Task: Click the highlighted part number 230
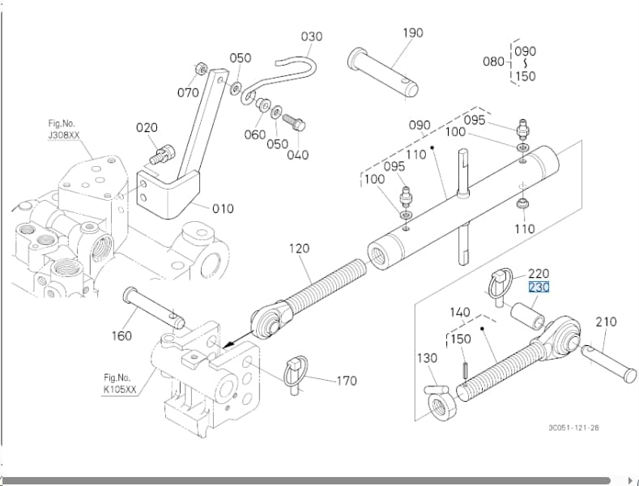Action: click(539, 288)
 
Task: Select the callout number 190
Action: click(413, 32)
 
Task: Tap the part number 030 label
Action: click(312, 36)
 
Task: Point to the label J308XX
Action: click(64, 135)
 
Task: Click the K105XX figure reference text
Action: click(120, 390)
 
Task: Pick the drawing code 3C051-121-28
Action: click(573, 428)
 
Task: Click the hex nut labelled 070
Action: click(202, 69)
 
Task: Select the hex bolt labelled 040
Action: click(294, 122)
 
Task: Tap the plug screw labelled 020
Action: click(163, 155)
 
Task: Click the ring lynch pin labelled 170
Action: click(296, 374)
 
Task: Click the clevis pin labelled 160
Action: click(153, 308)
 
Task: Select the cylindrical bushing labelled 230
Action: click(527, 316)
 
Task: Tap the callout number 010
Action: click(223, 209)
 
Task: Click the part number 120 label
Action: click(300, 249)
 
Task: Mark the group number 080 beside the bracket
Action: click(493, 62)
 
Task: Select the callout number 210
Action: click(606, 322)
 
